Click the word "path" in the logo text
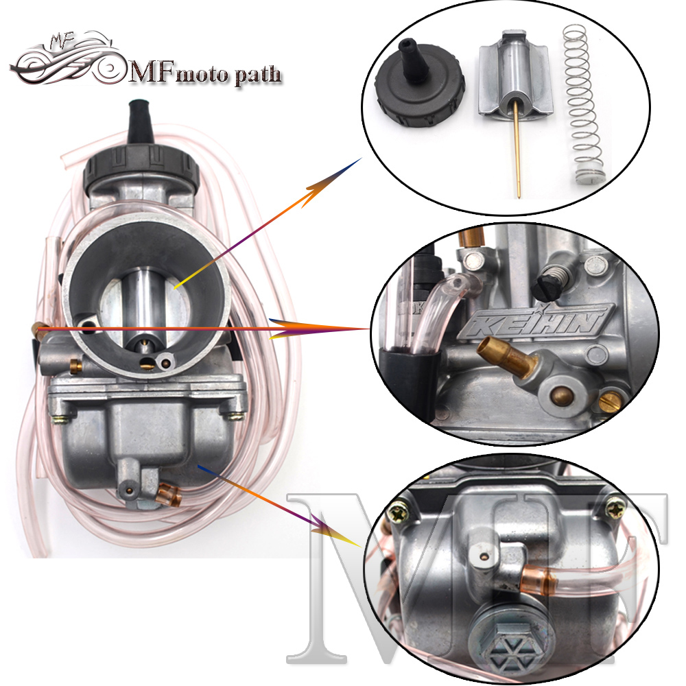click(x=258, y=75)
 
